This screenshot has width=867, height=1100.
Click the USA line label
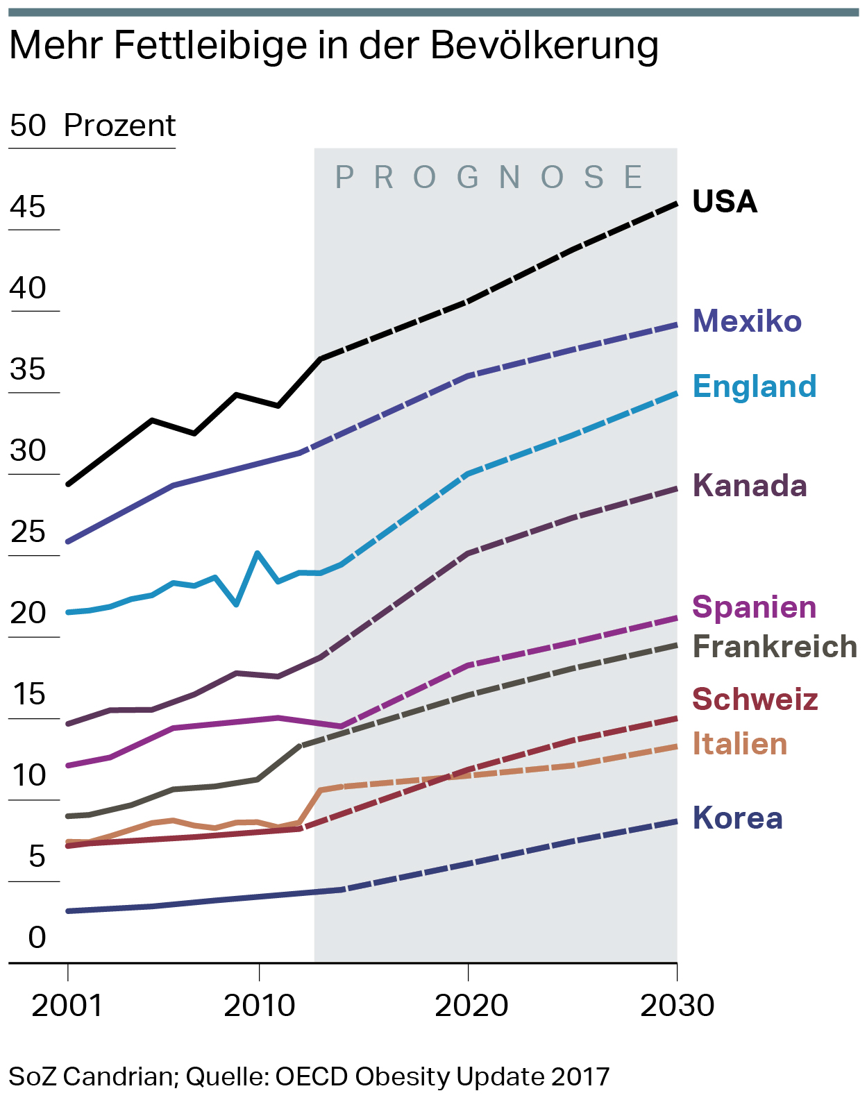(725, 202)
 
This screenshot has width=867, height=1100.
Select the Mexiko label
(747, 321)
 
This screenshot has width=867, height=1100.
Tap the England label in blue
(755, 387)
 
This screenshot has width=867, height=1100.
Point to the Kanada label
(750, 486)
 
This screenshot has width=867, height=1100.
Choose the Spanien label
(755, 607)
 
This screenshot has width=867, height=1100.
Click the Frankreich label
(775, 647)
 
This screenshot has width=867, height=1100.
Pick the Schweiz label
(755, 700)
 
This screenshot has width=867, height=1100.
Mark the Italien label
(740, 744)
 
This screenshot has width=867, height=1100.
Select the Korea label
(737, 818)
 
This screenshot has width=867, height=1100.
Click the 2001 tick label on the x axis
(67, 1006)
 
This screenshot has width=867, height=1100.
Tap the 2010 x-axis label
(259, 1006)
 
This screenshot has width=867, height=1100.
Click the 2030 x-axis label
(677, 1006)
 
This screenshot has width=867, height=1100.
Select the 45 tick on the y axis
(28, 207)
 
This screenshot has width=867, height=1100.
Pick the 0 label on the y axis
(37, 938)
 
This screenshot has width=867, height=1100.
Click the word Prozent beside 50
(119, 126)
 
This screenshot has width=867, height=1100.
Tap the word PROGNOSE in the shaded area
(490, 178)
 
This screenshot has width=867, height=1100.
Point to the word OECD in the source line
(312, 1076)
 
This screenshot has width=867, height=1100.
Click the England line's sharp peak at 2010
(258, 553)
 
